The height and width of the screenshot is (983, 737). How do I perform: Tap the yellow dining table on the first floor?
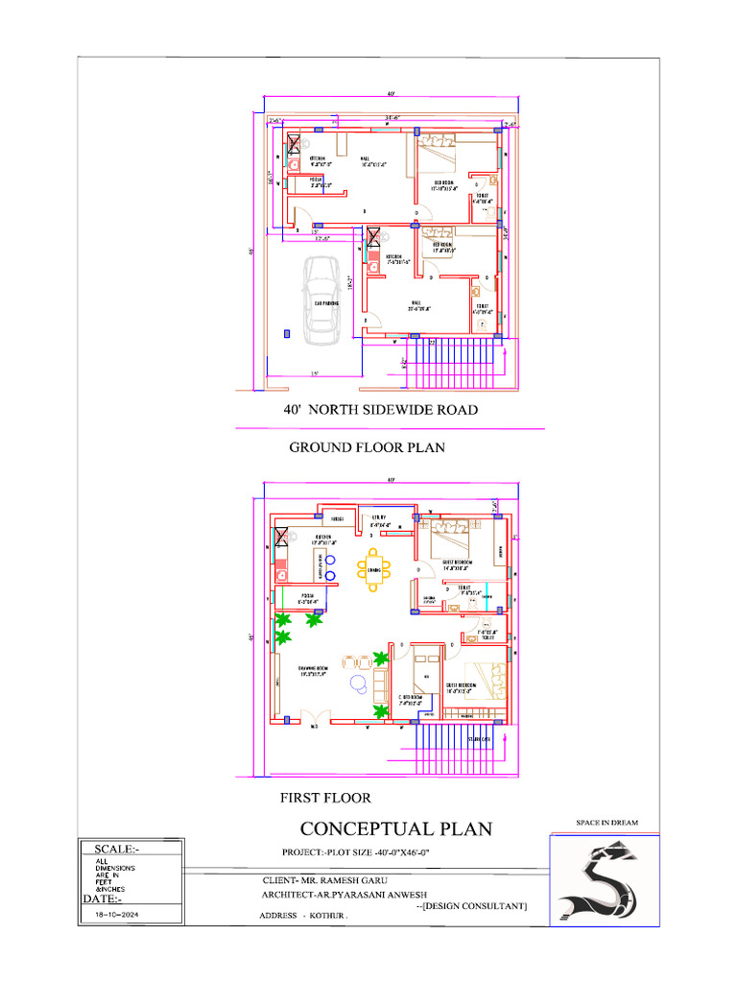373,570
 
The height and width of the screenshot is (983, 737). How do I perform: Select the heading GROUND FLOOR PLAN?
367,447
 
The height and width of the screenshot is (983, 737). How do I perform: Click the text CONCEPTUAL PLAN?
395,828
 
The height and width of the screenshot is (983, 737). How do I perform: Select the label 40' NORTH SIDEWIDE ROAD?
380,410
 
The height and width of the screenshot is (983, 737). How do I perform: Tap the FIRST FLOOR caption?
324,797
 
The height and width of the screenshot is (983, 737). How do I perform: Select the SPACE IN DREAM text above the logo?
606,823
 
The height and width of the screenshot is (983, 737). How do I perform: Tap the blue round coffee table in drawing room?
358,683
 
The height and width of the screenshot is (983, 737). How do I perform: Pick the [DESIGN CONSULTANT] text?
471,905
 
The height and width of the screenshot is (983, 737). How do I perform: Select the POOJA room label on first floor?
307,596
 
